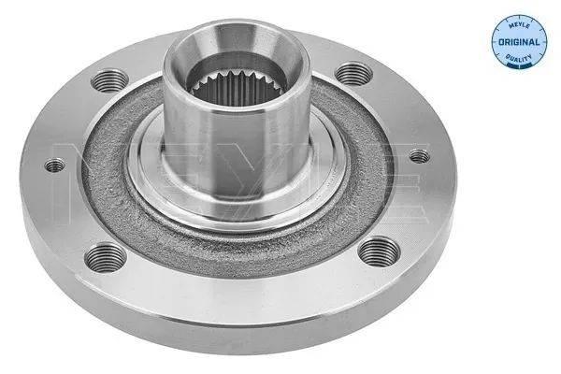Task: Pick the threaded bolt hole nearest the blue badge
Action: [351, 71]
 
